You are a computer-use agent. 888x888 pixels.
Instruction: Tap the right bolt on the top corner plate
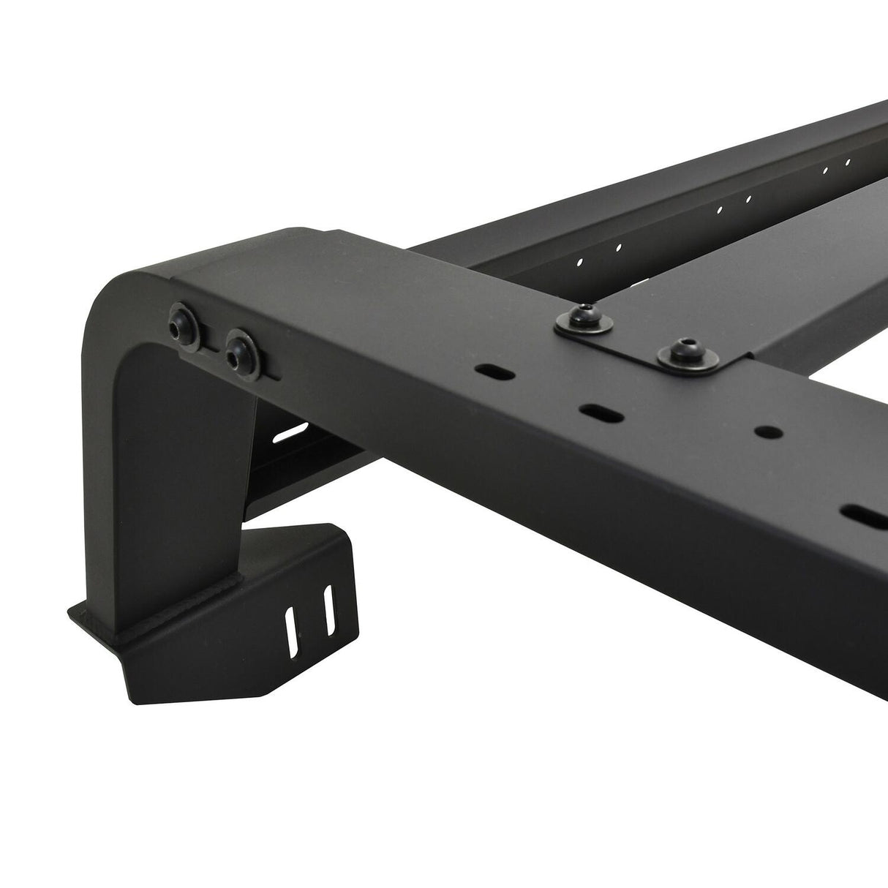point(686,352)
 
